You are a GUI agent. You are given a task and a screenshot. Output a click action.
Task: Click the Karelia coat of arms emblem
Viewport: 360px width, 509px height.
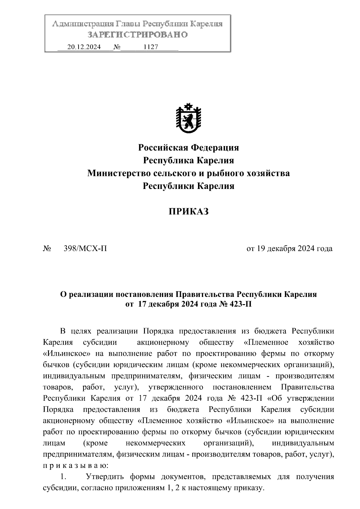[x=188, y=119]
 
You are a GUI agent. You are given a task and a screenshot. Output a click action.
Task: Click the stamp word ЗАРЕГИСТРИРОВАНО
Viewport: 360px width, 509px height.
[x=138, y=35]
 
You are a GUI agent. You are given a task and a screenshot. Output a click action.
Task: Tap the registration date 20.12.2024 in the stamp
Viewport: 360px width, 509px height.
[x=84, y=47]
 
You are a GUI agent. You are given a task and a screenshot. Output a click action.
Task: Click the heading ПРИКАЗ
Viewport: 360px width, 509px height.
[x=188, y=212]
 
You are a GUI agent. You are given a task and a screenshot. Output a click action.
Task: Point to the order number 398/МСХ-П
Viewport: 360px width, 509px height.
[x=85, y=249]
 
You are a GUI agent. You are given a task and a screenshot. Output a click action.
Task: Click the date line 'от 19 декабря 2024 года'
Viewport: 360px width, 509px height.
[x=289, y=249]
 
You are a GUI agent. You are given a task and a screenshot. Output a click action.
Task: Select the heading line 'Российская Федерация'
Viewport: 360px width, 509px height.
[x=188, y=148]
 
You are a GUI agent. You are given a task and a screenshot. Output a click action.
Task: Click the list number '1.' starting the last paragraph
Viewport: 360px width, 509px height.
[x=63, y=477]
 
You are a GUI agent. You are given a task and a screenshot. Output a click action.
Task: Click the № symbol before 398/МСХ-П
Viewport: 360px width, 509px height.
[x=47, y=249]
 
